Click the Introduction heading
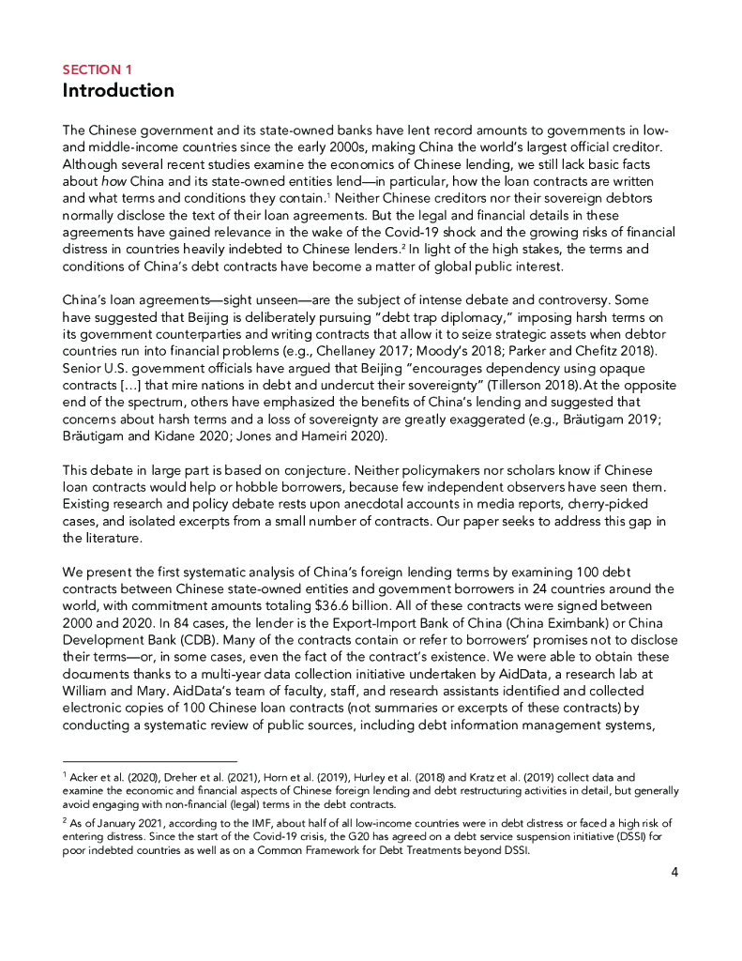click(x=118, y=91)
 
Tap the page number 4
click(x=674, y=872)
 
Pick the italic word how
click(x=106, y=180)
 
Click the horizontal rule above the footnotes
click(x=150, y=761)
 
